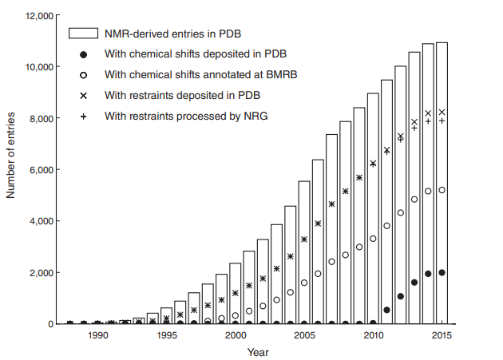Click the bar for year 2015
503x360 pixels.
tap(442, 184)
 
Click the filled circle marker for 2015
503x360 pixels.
tap(442, 272)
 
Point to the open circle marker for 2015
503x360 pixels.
tap(442, 190)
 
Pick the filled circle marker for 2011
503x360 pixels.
tap(386, 310)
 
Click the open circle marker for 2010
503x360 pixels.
tap(373, 239)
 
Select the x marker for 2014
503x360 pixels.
tap(428, 113)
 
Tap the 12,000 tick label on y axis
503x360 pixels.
tap(38, 16)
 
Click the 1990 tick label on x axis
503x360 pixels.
tap(97, 336)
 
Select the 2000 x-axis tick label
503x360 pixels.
tap(236, 336)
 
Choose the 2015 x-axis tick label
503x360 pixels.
tap(442, 336)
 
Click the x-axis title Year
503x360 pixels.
tap(258, 351)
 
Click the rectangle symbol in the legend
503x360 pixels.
tap(84, 34)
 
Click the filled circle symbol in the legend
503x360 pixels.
tap(84, 54)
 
